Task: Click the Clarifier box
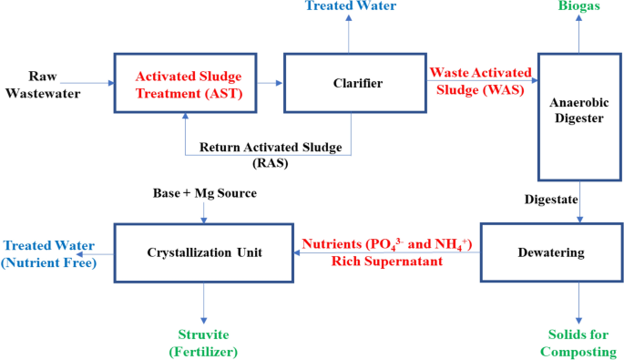click(x=350, y=83)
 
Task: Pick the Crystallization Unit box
click(x=204, y=252)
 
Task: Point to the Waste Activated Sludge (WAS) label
click(x=478, y=79)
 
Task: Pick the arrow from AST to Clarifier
click(x=267, y=83)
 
